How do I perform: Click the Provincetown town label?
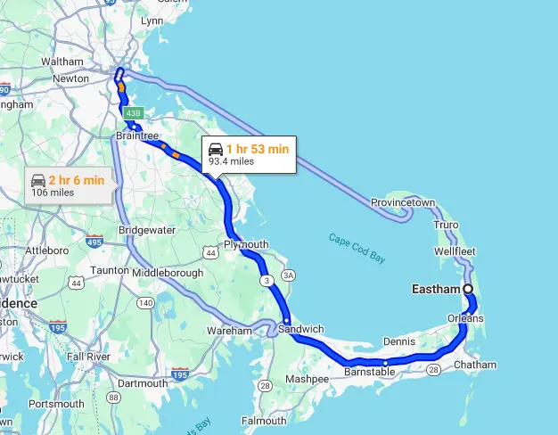tap(403, 202)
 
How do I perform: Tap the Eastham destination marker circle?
tap(468, 289)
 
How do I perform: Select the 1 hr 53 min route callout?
tap(247, 154)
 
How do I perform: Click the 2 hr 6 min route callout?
tap(67, 185)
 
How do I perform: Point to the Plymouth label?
tap(246, 244)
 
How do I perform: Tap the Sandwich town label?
tap(301, 329)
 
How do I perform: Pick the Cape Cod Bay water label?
tap(357, 249)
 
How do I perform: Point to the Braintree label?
tap(137, 136)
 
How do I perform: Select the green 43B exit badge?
tap(133, 113)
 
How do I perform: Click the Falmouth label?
tap(264, 420)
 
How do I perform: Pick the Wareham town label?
tap(230, 331)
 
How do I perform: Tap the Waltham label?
tap(62, 62)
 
